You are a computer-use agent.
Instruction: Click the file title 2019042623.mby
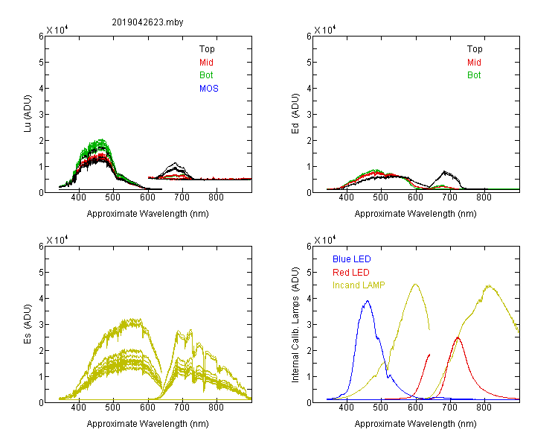tap(147, 22)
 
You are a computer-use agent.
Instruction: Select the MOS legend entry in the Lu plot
tap(209, 89)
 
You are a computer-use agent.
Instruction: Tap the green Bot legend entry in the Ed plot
tap(474, 75)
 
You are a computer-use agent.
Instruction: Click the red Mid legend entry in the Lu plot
tap(206, 63)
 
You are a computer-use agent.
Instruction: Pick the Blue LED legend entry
tap(352, 259)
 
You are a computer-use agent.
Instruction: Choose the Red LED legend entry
tap(351, 273)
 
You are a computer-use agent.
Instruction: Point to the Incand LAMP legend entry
tap(359, 285)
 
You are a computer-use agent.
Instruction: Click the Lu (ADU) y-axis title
tap(28, 113)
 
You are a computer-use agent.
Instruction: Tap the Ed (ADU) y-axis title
tap(295, 114)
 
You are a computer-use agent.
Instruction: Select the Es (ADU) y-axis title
tap(28, 324)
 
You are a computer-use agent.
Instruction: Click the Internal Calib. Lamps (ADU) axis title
tap(295, 325)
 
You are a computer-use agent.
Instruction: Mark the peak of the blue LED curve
tap(368, 301)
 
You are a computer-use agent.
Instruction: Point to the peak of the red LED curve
tap(458, 337)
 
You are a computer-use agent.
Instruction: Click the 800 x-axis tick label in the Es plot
tap(216, 407)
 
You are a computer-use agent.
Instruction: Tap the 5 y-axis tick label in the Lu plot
tap(41, 63)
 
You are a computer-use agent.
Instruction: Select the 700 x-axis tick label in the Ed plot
tap(449, 197)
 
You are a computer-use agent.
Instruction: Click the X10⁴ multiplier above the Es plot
tap(57, 240)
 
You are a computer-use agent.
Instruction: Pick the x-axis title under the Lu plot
tap(148, 214)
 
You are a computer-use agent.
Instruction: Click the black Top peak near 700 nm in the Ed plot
tap(444, 172)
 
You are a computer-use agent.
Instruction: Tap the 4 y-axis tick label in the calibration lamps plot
tap(309, 298)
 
